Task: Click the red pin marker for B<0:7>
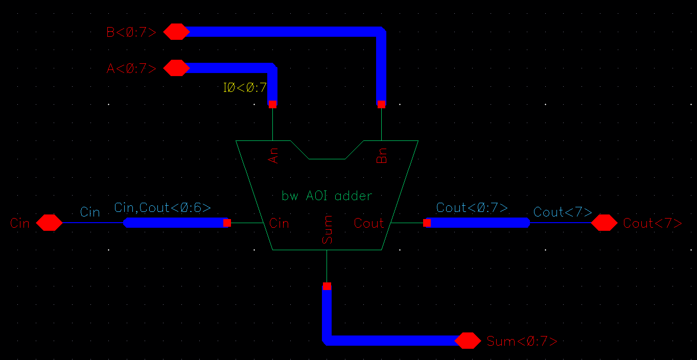pyautogui.click(x=176, y=32)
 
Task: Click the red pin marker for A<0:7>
pyautogui.click(x=176, y=68)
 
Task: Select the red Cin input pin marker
pyautogui.click(x=49, y=223)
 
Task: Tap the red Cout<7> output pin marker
pyautogui.click(x=604, y=223)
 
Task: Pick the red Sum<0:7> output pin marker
pyautogui.click(x=468, y=341)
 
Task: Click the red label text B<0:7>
pyautogui.click(x=131, y=32)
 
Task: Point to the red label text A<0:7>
pyautogui.click(x=131, y=68)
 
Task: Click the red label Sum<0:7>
pyautogui.click(x=522, y=341)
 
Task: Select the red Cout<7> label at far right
pyautogui.click(x=653, y=223)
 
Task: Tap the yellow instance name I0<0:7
pyautogui.click(x=245, y=88)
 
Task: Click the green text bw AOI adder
pyautogui.click(x=327, y=196)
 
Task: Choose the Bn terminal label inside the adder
pyautogui.click(x=382, y=155)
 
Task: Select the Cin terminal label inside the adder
pyautogui.click(x=279, y=223)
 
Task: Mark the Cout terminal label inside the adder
pyautogui.click(x=368, y=223)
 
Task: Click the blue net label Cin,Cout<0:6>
pyautogui.click(x=162, y=208)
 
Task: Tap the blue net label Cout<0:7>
pyautogui.click(x=472, y=208)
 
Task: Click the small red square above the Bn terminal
pyautogui.click(x=381, y=104)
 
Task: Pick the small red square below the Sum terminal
pyautogui.click(x=327, y=286)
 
